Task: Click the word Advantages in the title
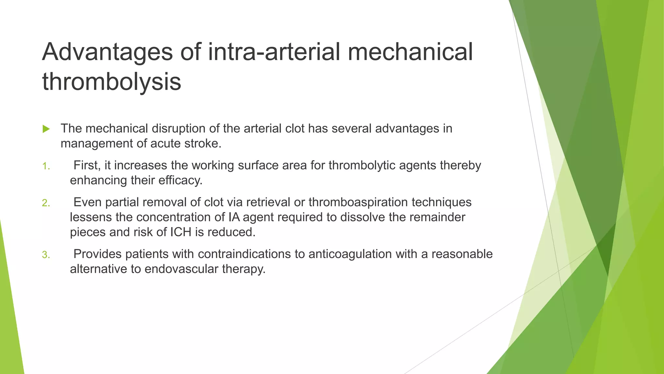[x=107, y=52]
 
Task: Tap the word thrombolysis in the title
[x=112, y=81]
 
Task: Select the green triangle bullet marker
[x=46, y=129]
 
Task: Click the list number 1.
[x=46, y=166]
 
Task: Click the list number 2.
[x=46, y=203]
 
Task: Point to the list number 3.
[x=46, y=255]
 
